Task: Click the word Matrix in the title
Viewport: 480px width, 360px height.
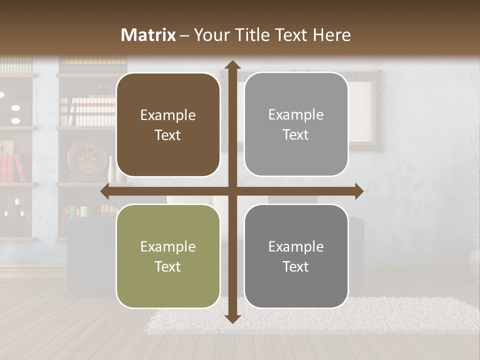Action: (x=148, y=35)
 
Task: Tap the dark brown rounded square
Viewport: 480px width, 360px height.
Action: (x=168, y=125)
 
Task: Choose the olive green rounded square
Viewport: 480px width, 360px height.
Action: (x=168, y=256)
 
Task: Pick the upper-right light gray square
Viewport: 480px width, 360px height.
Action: (x=296, y=124)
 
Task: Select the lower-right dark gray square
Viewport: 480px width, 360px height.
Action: (x=296, y=256)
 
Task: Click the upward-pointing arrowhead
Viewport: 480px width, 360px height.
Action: (x=232, y=65)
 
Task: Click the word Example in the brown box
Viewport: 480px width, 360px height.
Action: (x=168, y=115)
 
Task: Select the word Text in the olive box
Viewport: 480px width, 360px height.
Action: (x=168, y=266)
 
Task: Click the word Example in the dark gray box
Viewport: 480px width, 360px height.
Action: (x=296, y=246)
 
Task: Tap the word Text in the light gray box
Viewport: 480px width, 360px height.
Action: (x=296, y=135)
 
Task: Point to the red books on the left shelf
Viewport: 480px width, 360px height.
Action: (x=13, y=168)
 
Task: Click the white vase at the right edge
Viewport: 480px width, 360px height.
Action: (x=474, y=260)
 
